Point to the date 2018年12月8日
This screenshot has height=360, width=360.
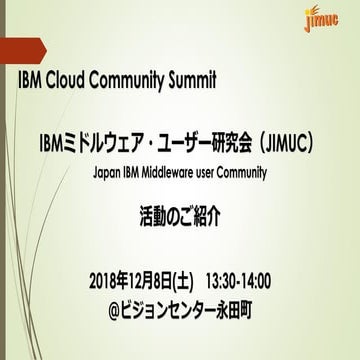point(142,278)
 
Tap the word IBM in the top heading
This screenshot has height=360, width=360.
point(35,81)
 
